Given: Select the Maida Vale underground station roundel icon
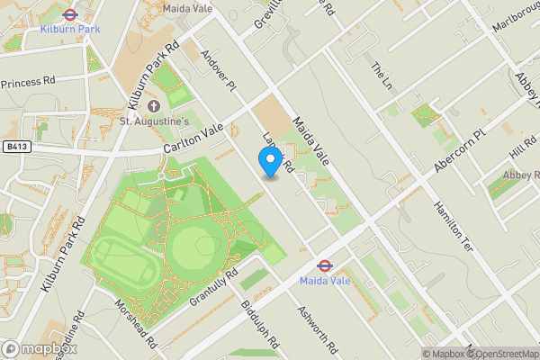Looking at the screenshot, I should coord(325,266).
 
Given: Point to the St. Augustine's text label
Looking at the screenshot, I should coord(155,121).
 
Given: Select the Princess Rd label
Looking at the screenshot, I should coord(28,82).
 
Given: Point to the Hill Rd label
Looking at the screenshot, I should coord(522,145).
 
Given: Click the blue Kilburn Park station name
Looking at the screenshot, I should coord(70,30).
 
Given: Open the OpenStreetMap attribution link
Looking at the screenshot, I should coord(499,353).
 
